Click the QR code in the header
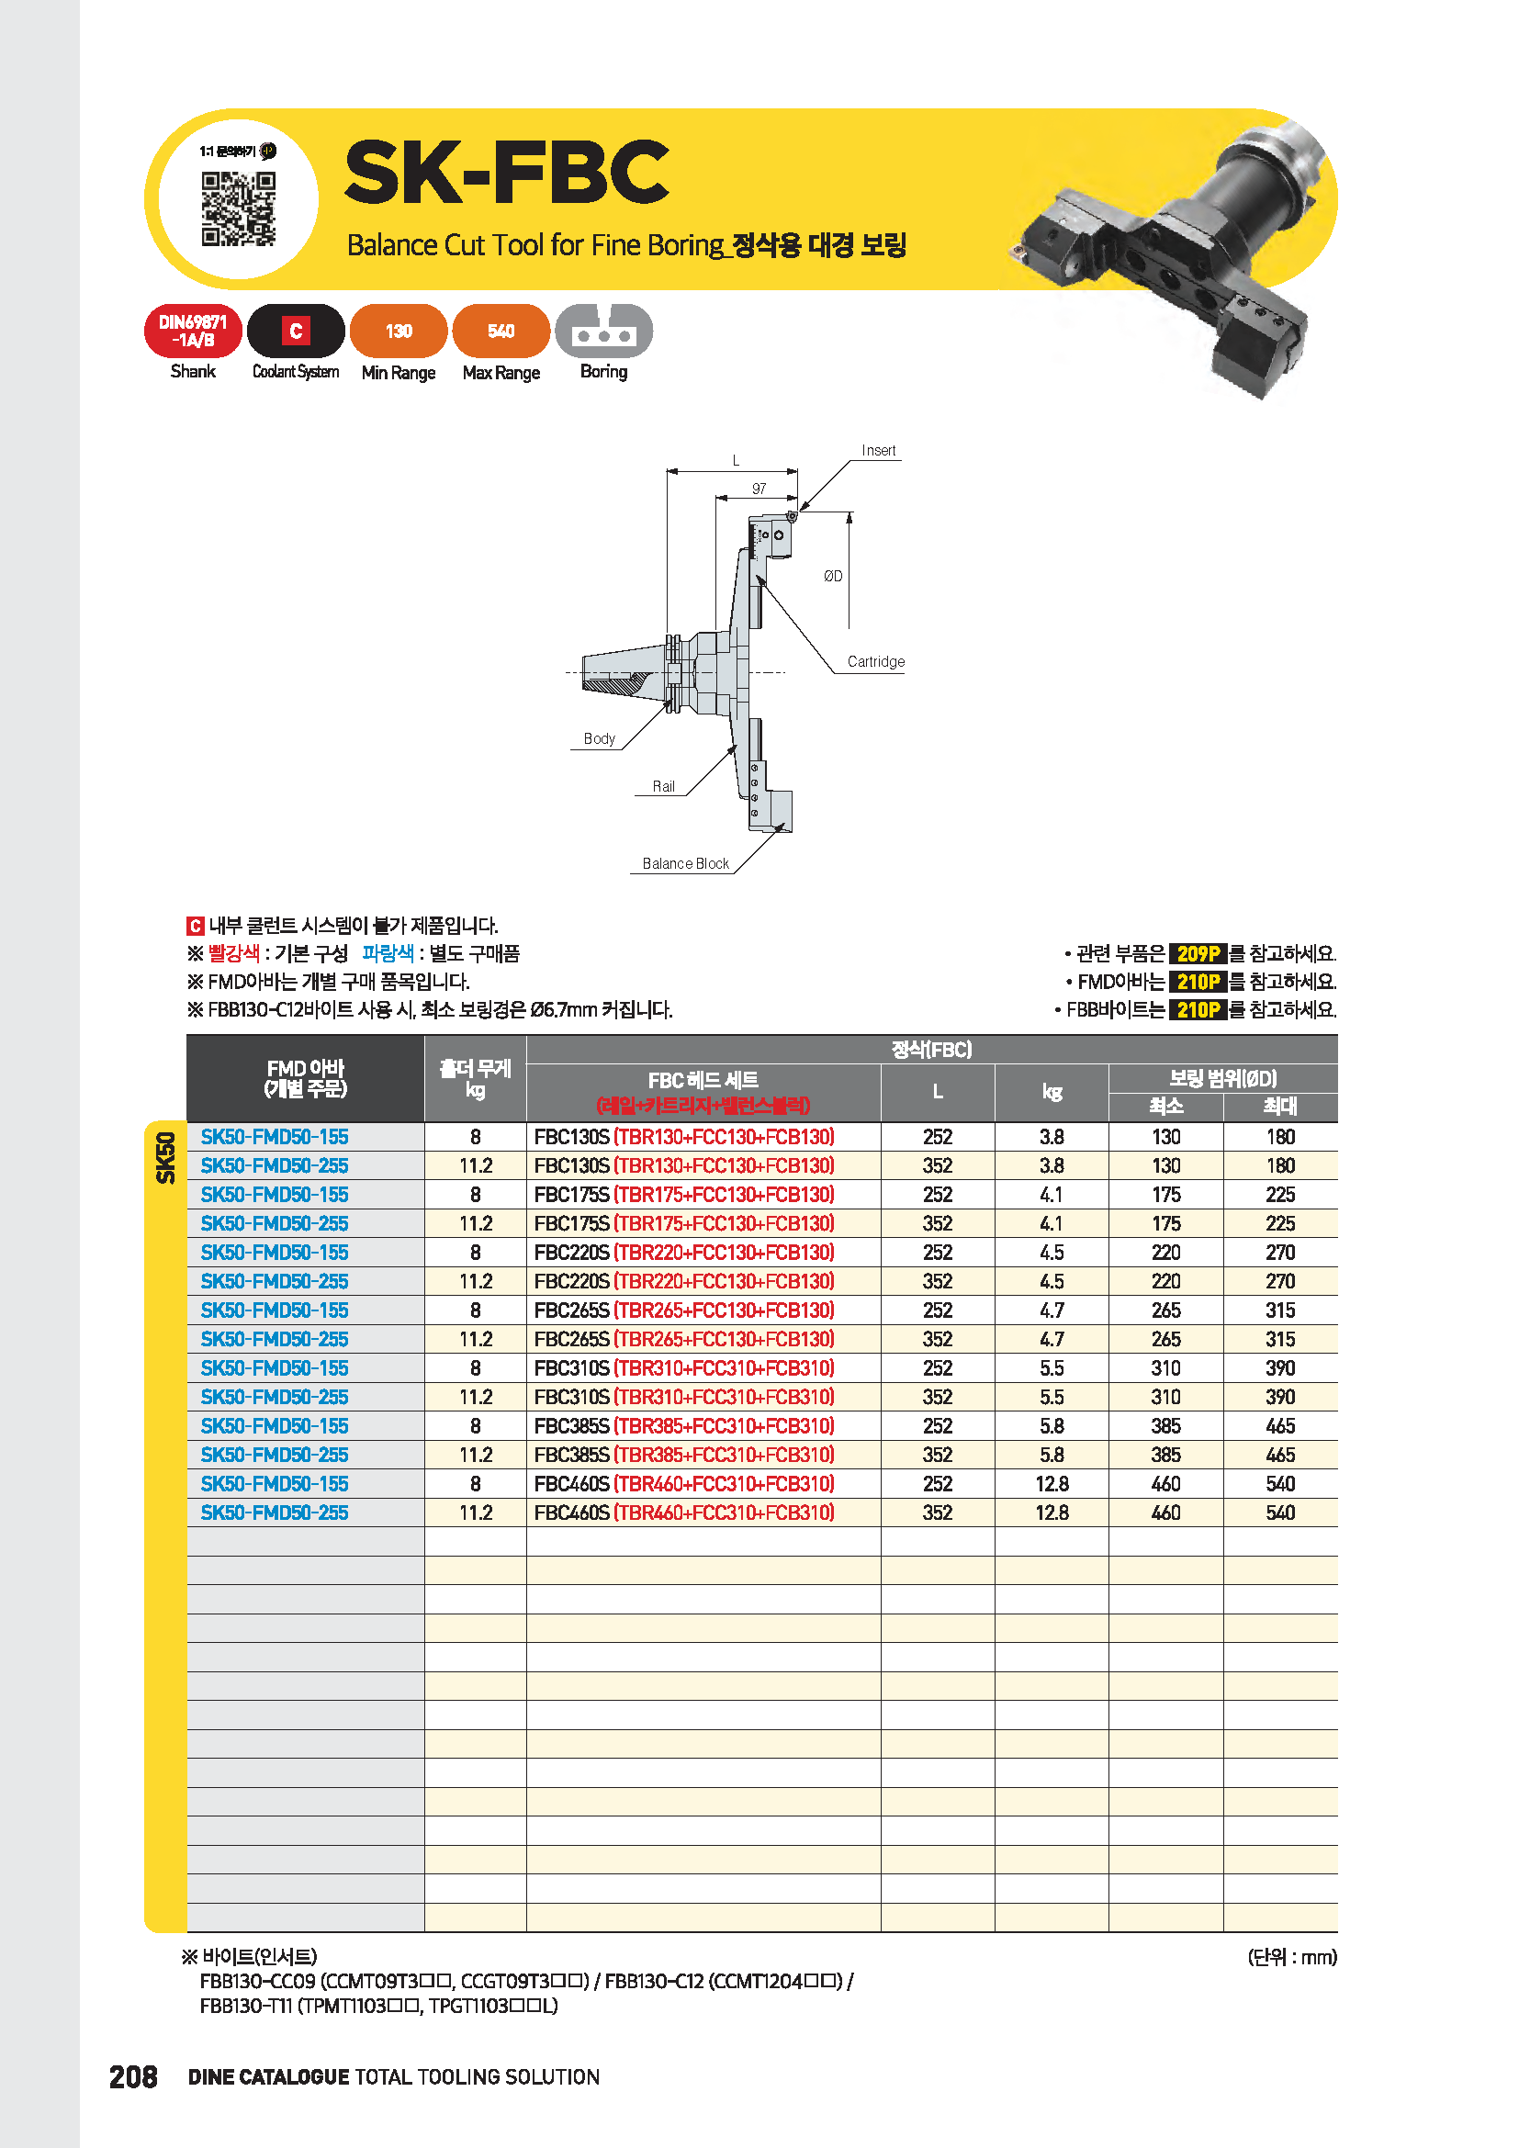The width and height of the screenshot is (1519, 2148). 239,208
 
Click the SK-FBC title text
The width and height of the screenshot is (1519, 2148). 506,172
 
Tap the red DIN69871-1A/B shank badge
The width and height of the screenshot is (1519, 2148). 193,332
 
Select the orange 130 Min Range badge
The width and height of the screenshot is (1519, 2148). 399,332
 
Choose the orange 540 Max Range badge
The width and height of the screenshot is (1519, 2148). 501,332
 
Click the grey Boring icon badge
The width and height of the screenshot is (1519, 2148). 603,332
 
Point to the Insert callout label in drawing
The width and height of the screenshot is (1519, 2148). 878,451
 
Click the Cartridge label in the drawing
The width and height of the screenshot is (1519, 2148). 875,661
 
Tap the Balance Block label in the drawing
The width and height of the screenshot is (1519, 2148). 686,863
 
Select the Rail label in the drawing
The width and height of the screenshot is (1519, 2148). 663,786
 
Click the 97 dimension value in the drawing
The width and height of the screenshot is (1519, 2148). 759,489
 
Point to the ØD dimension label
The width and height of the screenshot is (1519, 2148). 832,577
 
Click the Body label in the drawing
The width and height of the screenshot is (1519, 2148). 599,738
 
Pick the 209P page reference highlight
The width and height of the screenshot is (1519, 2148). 1198,953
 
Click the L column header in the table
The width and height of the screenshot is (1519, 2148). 938,1092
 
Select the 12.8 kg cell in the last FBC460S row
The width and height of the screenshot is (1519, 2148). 1052,1513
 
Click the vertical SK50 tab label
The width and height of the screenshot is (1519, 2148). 165,1157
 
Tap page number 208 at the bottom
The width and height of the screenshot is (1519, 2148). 133,2077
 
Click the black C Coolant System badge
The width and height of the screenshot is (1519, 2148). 296,332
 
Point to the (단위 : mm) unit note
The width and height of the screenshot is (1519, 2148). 1292,1956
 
